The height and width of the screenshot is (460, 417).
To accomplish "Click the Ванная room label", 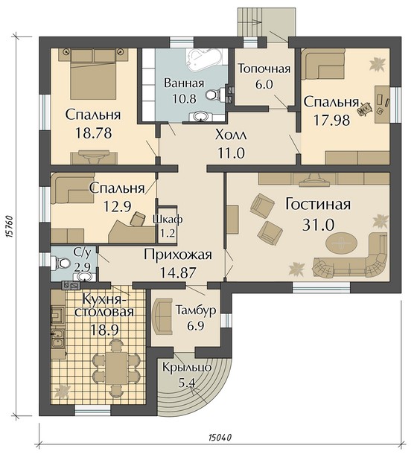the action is tap(184, 83).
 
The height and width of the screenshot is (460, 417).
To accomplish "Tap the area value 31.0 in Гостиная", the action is tap(318, 225).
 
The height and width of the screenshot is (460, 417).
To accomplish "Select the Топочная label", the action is tap(264, 68).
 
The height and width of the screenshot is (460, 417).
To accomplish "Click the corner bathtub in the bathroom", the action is tap(205, 60).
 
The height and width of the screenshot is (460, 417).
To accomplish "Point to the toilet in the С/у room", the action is tap(60, 263).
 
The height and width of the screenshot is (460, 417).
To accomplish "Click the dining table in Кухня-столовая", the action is tap(116, 368).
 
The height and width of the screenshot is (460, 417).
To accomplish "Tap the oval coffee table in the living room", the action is tap(342, 243).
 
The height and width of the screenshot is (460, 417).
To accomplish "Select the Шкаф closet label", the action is tap(168, 219).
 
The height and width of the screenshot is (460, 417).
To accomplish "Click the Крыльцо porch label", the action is tap(187, 367).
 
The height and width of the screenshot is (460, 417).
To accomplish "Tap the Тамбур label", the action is tap(196, 310).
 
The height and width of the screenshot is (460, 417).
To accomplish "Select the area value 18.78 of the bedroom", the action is tap(94, 133).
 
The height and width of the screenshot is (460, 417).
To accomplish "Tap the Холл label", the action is tap(231, 135).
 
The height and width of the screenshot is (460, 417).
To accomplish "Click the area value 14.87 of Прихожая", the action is tap(178, 272).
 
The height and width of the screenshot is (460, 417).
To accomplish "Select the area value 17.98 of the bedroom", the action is tap(332, 120).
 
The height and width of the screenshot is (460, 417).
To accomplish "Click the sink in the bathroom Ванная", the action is tap(200, 116).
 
